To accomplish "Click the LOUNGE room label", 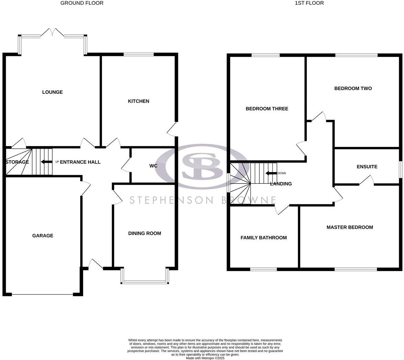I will point(52,92).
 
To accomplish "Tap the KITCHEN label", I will point(138,101).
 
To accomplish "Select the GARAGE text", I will point(43,236).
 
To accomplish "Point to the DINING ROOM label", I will point(145,233).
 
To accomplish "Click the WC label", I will point(153,166).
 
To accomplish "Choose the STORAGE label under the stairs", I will point(17,162).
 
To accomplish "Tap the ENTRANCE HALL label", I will point(80,162).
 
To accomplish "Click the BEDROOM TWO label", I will point(353,88).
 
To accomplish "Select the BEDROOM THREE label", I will point(267,109).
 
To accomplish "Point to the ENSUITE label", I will point(367,167).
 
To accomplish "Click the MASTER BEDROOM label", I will point(350,227).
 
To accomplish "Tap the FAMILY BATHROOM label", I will point(263,238).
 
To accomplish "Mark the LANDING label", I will point(281,184).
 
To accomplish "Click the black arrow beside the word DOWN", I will point(271,173).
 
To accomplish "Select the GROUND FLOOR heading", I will point(82,3).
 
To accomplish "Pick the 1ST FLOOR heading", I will point(309,3).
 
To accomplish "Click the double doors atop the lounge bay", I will point(52,33).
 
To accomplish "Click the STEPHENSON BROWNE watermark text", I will point(203,200).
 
